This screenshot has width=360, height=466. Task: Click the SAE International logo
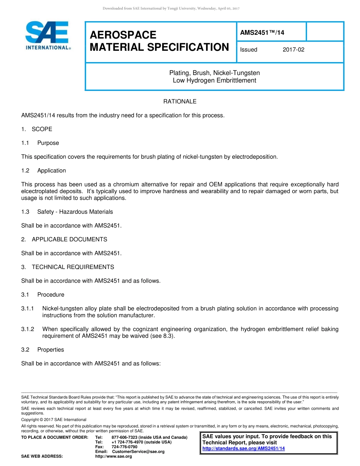pos(47,36)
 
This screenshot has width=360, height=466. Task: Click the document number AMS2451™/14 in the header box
pos(262,33)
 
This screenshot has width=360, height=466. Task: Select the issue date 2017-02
pos(293,50)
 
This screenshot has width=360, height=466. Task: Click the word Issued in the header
pos(249,50)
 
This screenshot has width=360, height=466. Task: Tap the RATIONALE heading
pos(180,102)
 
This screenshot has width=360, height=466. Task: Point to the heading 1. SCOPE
pos(37,129)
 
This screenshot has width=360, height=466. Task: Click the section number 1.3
pos(25,212)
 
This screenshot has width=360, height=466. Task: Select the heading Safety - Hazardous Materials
pos(75,212)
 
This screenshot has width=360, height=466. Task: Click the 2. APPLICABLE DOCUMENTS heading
pos(64,239)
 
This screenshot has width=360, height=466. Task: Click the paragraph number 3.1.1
pos(28,308)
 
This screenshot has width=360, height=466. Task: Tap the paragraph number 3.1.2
pos(28,329)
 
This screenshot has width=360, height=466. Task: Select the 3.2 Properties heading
pos(42,350)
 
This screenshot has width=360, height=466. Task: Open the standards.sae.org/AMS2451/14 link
pos(244,449)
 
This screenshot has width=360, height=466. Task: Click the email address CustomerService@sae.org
pos(138,452)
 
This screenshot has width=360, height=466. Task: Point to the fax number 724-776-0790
pos(124,447)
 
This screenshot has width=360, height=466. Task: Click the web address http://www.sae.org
pos(113,457)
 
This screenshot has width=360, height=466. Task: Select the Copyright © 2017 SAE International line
pos(54,420)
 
